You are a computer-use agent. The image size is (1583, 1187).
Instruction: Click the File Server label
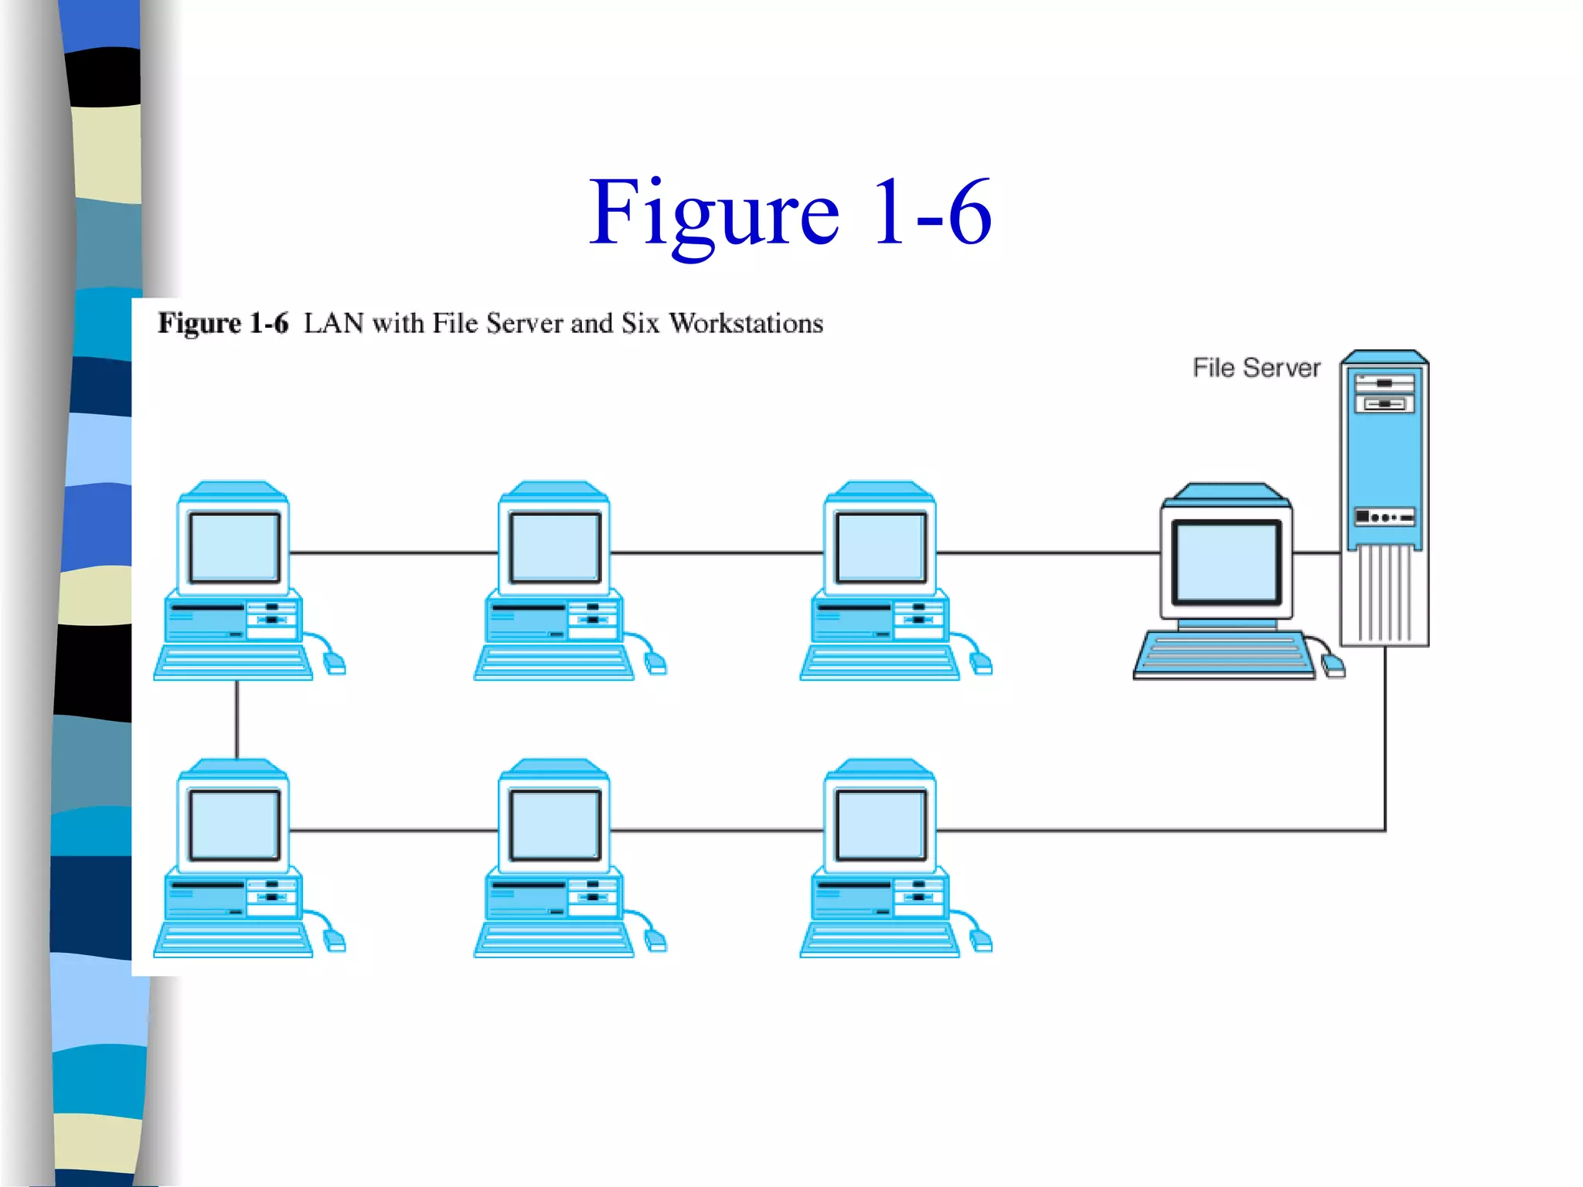click(x=1256, y=368)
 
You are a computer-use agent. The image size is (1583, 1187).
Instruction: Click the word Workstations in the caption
click(x=746, y=323)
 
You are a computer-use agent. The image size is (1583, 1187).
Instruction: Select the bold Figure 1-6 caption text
click(x=223, y=323)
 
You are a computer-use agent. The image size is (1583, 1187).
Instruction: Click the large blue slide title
click(x=790, y=212)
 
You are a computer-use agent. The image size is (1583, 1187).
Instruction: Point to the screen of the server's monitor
click(x=1227, y=562)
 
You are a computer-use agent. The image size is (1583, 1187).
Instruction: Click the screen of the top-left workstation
click(x=234, y=547)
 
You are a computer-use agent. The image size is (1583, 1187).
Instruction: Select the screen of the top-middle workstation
click(x=555, y=547)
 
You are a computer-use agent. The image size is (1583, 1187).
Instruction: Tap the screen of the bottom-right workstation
click(x=881, y=825)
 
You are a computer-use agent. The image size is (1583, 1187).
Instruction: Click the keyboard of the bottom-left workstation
click(x=233, y=940)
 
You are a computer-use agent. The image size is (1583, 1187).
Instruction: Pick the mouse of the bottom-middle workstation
click(x=655, y=940)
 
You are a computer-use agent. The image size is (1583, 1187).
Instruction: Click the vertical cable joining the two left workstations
click(x=237, y=719)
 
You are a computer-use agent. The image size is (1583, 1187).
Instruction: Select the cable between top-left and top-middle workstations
click(x=394, y=553)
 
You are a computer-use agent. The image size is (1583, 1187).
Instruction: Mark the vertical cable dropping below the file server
click(x=1384, y=734)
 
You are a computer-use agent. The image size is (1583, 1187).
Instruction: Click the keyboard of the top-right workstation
click(x=880, y=662)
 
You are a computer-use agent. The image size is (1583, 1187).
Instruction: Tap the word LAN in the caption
click(x=333, y=323)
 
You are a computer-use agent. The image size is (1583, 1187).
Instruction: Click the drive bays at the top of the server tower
click(x=1384, y=393)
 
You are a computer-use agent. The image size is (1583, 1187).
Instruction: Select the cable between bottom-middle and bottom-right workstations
click(x=717, y=831)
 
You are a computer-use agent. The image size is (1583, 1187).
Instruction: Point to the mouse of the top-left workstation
click(x=334, y=662)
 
